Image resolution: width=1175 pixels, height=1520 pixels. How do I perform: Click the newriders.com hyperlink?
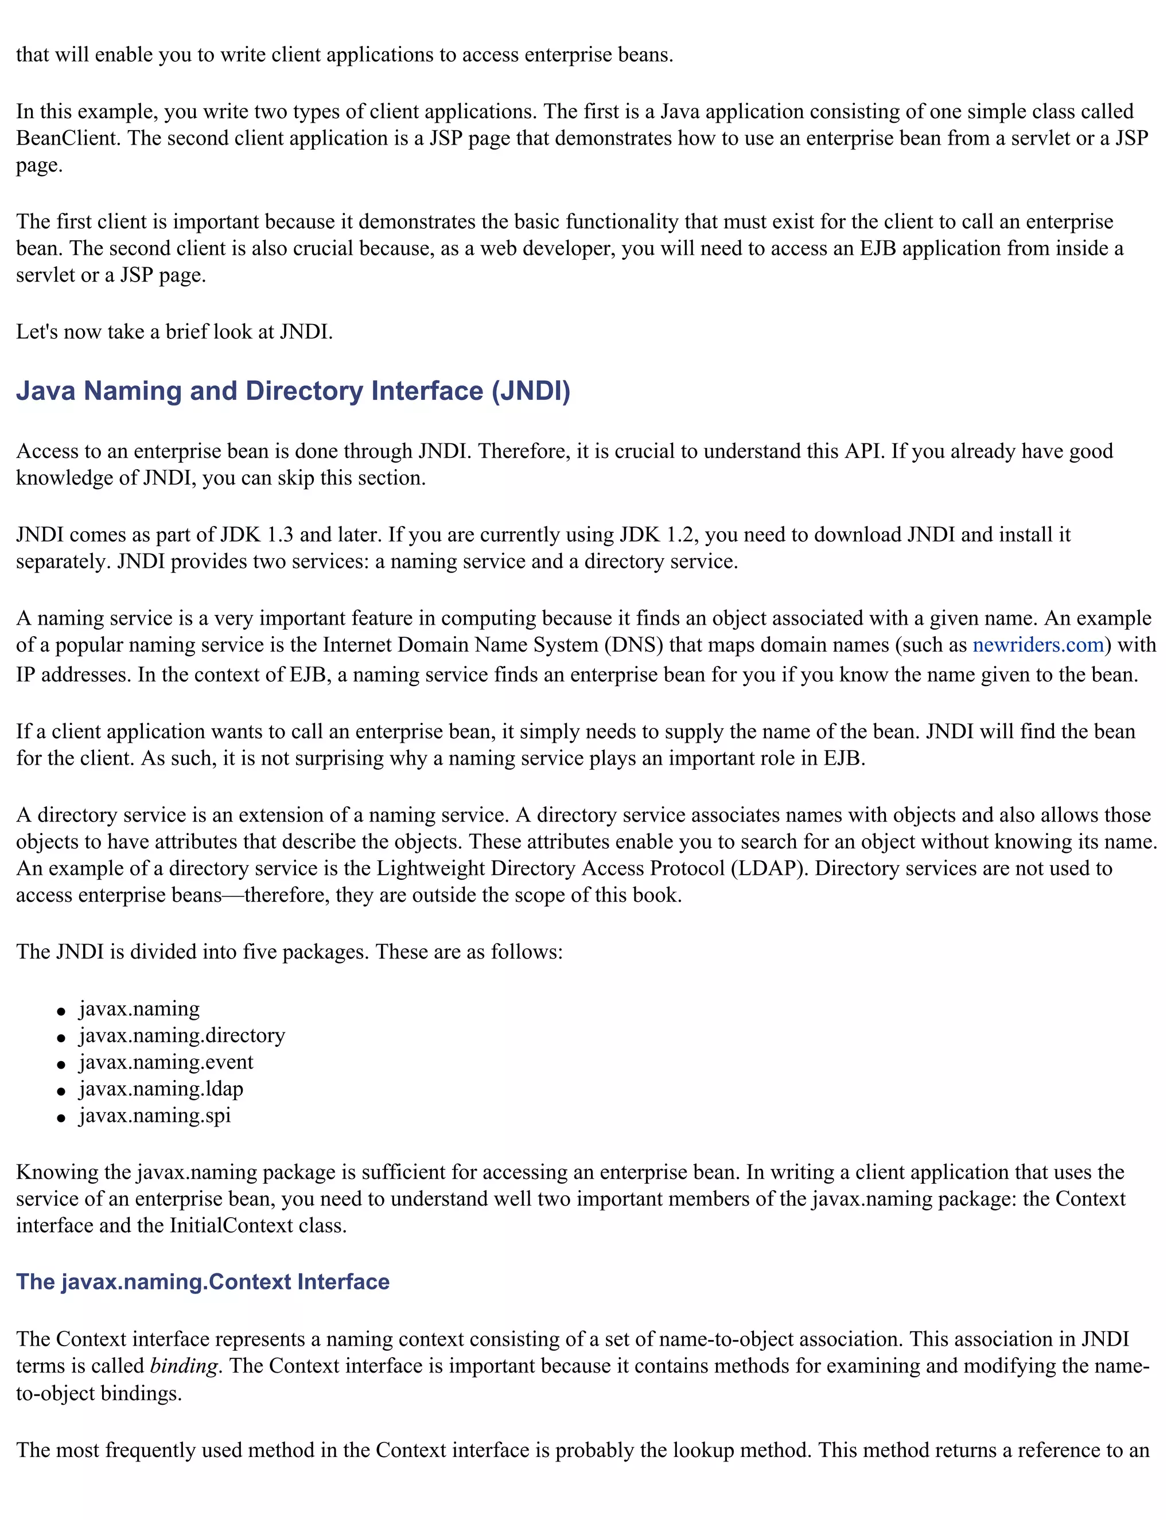point(1038,645)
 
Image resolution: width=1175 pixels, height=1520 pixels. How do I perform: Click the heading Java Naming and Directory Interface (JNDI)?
point(293,391)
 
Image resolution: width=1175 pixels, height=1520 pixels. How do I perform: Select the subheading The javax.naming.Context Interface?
point(203,1282)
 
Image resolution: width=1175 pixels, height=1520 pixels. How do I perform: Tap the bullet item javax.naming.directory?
point(182,1035)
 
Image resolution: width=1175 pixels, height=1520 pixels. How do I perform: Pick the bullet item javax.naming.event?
point(166,1062)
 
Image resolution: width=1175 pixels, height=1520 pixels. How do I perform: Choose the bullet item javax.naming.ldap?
point(161,1089)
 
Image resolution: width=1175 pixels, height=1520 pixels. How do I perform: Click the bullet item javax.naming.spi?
point(154,1116)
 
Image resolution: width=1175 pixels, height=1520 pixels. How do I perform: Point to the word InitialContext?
point(231,1226)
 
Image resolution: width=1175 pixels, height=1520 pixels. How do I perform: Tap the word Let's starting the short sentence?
point(37,332)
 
